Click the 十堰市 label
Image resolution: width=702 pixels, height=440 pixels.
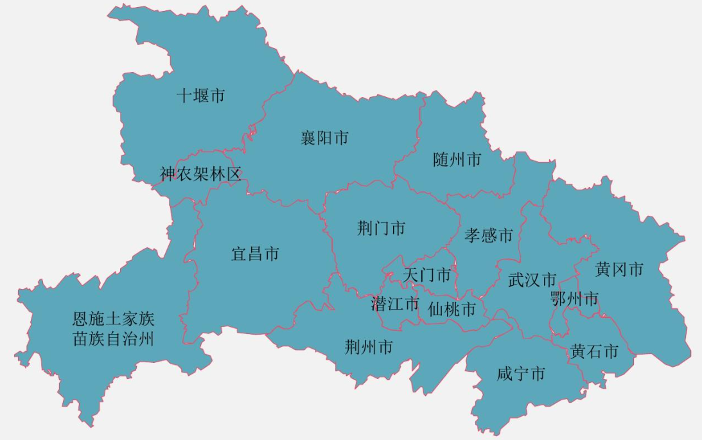pyautogui.click(x=201, y=96)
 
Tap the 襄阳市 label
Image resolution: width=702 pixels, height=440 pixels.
pyautogui.click(x=325, y=137)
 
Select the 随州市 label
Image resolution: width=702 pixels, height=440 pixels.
pyautogui.click(x=457, y=159)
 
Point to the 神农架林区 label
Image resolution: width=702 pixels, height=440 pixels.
pyautogui.click(x=200, y=174)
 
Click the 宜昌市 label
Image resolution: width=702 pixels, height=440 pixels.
pyautogui.click(x=255, y=254)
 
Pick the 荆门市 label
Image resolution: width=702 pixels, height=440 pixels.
pyautogui.click(x=382, y=228)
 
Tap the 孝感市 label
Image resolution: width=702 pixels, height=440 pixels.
pyautogui.click(x=489, y=235)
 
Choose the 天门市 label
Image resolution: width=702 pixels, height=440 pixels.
pyautogui.click(x=427, y=275)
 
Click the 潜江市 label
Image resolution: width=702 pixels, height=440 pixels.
pyautogui.click(x=395, y=303)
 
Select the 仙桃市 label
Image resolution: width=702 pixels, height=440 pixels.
pyautogui.click(x=452, y=310)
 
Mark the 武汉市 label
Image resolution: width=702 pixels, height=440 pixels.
pyautogui.click(x=532, y=280)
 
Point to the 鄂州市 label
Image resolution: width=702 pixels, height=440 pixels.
pyautogui.click(x=574, y=299)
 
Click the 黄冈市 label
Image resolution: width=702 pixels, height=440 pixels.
pyautogui.click(x=619, y=269)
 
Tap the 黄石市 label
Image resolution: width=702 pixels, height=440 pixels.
pyautogui.click(x=594, y=351)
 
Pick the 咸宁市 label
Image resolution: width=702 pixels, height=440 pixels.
pyautogui.click(x=521, y=374)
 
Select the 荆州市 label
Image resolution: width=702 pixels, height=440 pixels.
pyautogui.click(x=369, y=348)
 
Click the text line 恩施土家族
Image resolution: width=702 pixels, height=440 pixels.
pyautogui.click(x=114, y=318)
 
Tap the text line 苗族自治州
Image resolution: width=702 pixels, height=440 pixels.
pyautogui.click(x=114, y=339)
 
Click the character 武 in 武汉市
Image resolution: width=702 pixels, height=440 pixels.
pyautogui.click(x=516, y=280)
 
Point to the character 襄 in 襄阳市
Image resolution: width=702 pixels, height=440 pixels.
pyautogui.click(x=309, y=137)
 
